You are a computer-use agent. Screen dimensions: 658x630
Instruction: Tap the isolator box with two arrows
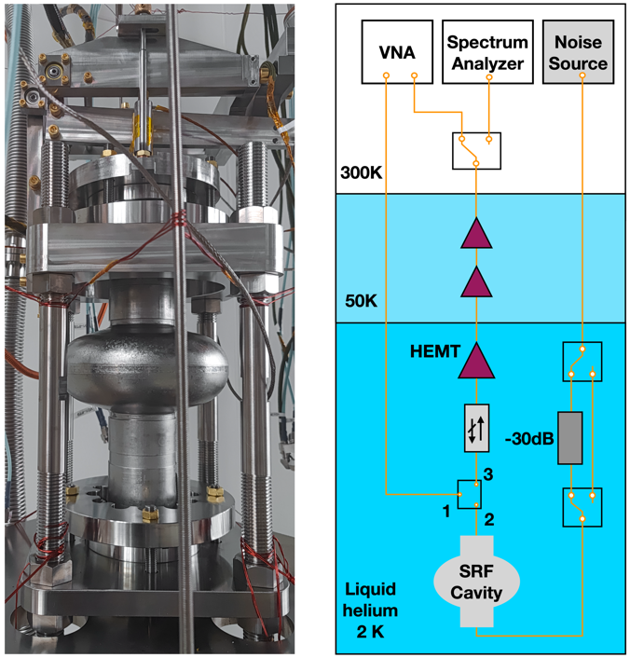pos(476,429)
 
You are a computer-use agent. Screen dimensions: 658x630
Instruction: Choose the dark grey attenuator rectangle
pos(569,437)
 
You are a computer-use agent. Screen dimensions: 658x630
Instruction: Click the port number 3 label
pos(488,474)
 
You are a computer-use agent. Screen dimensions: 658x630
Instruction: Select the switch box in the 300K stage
pos(476,150)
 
